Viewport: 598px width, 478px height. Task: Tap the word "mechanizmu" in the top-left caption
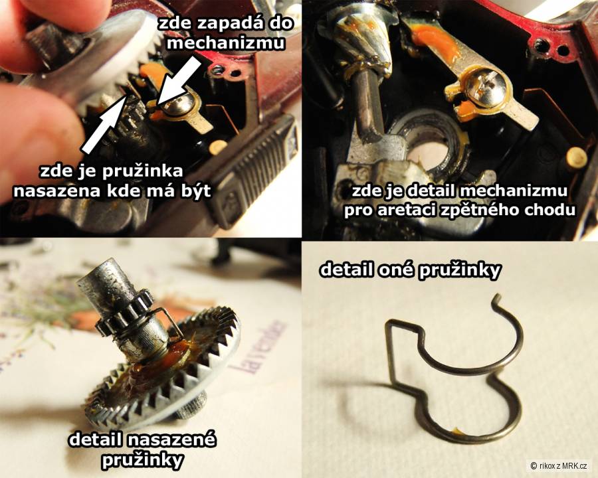226,42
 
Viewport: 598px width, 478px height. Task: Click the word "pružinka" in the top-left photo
143,171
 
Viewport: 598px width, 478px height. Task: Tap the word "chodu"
556,210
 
